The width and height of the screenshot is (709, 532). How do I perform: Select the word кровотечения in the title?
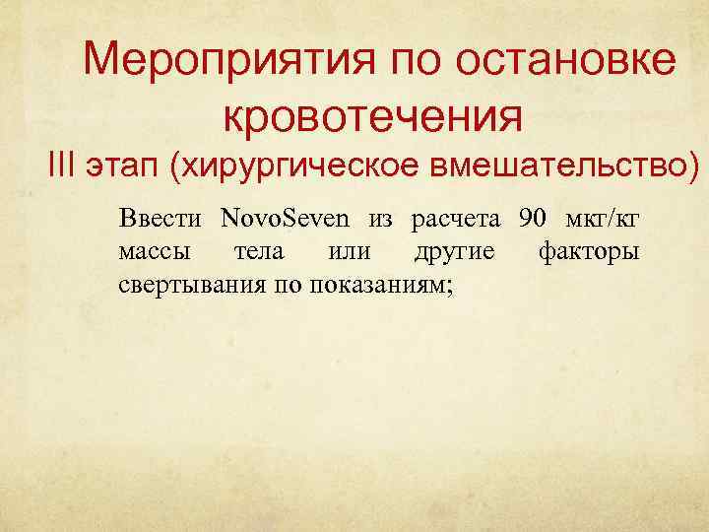coord(371,117)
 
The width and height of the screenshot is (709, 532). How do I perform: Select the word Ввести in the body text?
coord(161,217)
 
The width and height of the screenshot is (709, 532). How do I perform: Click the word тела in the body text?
coord(259,251)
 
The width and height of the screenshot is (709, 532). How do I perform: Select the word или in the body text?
coord(349,251)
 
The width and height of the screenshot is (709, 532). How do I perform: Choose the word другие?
coord(454,251)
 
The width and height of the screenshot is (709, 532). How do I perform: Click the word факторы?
coord(589,251)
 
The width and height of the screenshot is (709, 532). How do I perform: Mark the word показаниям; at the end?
coord(380,286)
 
